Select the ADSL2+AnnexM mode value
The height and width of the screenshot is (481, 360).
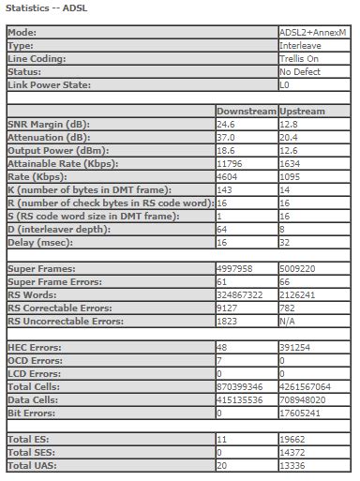tap(311, 32)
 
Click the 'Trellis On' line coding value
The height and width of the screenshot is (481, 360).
tap(299, 58)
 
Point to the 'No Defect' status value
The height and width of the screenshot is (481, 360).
tap(298, 71)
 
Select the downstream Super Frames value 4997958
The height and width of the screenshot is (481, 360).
tap(235, 268)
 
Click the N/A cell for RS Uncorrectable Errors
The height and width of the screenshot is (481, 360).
tap(288, 321)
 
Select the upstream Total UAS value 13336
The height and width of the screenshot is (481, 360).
tap(292, 465)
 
